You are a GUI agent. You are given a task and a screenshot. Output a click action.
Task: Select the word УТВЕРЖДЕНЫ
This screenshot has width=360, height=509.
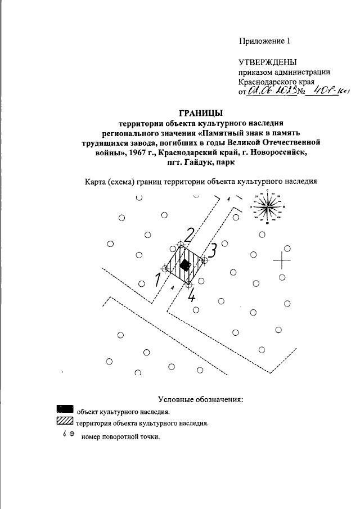coord(268,62)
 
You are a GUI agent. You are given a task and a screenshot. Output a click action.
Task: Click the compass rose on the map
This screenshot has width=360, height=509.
coord(267,207)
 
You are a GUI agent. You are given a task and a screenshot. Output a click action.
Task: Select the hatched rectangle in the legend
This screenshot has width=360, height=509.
coord(65,421)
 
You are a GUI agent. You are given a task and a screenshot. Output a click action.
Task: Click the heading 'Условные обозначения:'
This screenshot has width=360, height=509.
coord(200,400)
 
